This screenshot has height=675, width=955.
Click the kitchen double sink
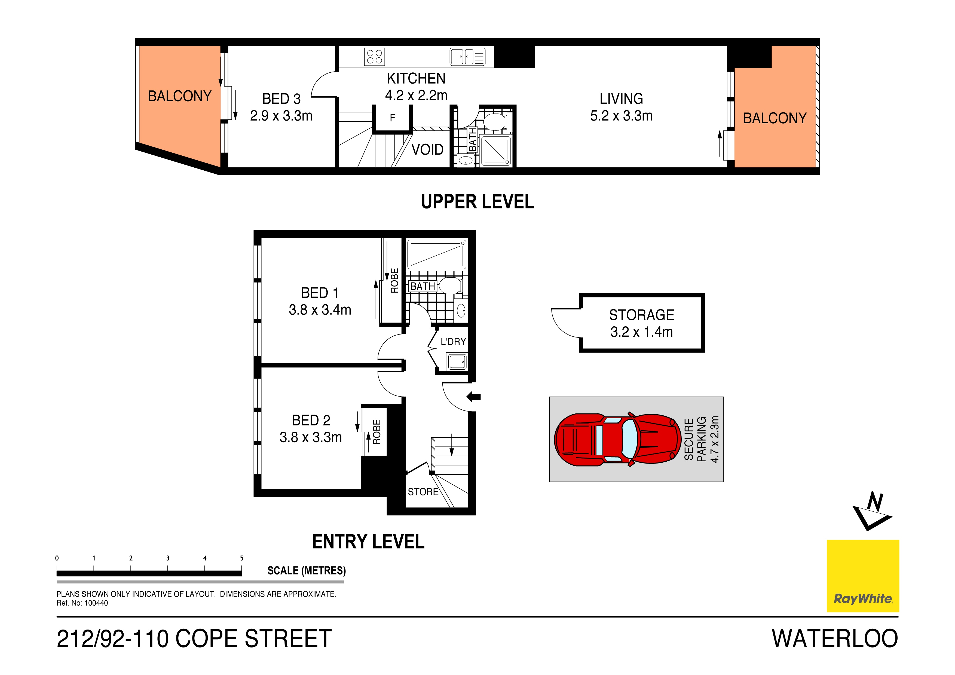467,57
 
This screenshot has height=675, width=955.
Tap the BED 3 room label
281,99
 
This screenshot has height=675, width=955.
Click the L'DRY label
453,342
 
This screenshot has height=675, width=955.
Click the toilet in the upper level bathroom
494,122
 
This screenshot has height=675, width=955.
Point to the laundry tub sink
457,361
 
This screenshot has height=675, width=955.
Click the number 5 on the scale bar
242,558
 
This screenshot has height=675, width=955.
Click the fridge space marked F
392,118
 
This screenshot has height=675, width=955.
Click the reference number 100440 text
96,603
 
